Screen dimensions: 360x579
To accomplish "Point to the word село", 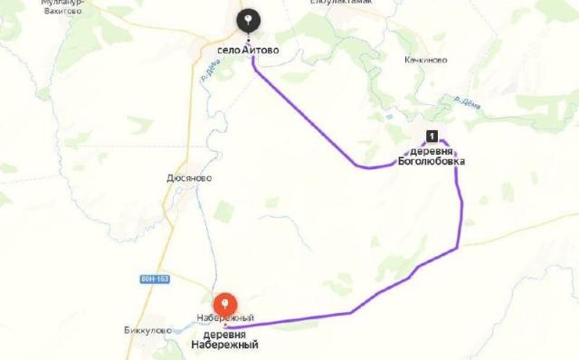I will click(228, 51).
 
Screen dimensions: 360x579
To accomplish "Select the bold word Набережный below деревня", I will click(224, 345).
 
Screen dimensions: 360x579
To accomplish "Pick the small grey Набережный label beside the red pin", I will click(225, 317).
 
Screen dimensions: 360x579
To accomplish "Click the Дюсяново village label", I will click(189, 178).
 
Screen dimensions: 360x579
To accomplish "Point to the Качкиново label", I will click(427, 60).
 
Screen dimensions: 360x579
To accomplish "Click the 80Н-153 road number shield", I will click(154, 279).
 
